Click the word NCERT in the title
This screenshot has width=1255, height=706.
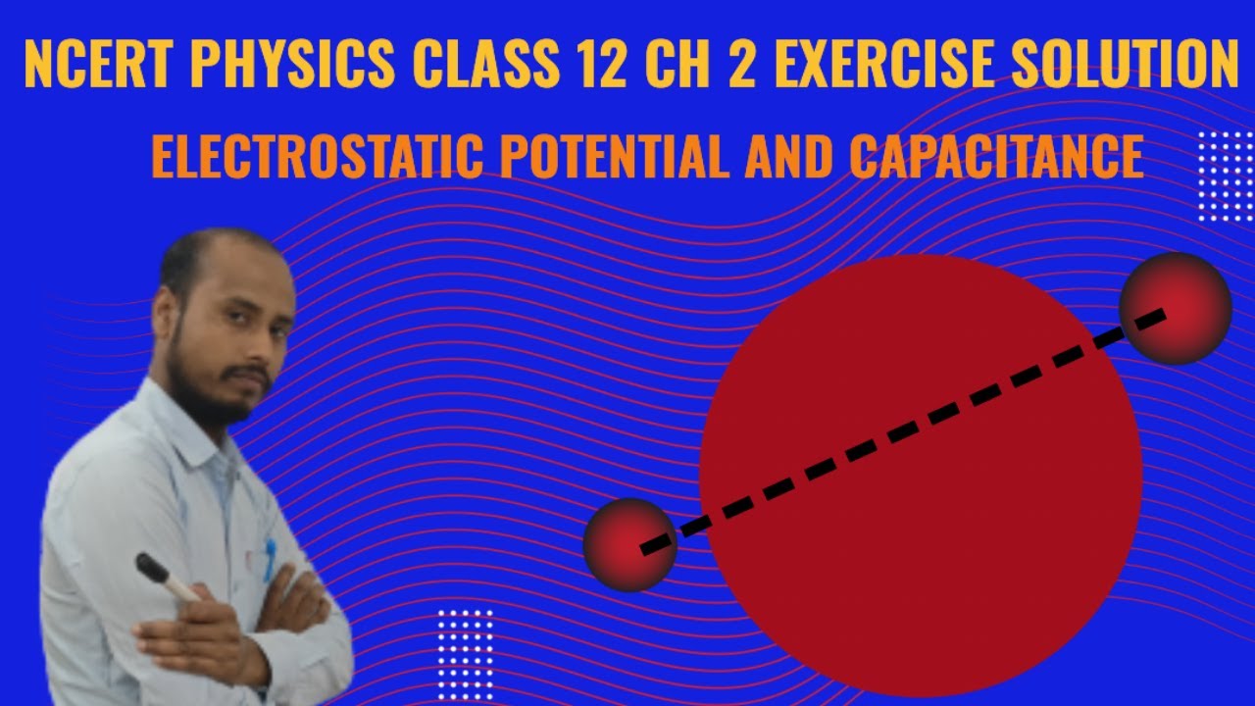[x=98, y=65]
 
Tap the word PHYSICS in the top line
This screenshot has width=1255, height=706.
[x=295, y=65]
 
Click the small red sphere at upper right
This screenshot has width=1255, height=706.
[x=1175, y=308]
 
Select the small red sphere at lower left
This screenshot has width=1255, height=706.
[x=629, y=545]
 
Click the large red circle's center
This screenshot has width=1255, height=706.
[x=921, y=476]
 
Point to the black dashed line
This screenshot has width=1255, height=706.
[x=902, y=431]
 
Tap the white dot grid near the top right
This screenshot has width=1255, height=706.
[x=1226, y=176]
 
